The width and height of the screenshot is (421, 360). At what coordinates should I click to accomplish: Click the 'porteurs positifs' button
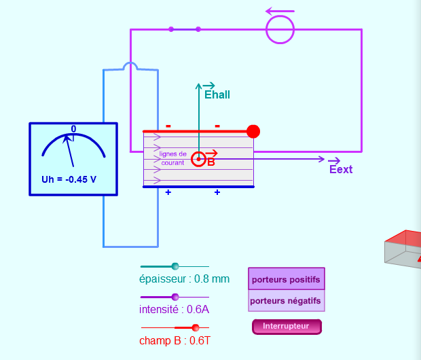(x=287, y=278)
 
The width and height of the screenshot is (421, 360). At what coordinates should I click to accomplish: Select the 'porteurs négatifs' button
(x=287, y=301)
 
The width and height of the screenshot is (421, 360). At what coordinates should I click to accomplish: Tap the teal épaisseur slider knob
(x=175, y=266)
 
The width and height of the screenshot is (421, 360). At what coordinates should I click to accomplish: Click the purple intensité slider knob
(x=175, y=297)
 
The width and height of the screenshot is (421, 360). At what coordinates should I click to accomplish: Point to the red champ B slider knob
(x=196, y=327)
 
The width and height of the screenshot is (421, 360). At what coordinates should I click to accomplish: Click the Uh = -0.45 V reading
(x=69, y=179)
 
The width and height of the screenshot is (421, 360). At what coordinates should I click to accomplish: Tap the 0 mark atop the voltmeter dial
(x=73, y=129)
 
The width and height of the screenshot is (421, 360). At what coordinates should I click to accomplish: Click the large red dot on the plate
(x=253, y=131)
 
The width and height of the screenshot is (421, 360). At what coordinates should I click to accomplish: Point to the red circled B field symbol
(x=199, y=159)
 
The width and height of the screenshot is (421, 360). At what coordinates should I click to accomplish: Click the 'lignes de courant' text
(x=172, y=158)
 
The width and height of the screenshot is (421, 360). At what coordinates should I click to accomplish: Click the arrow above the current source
(x=280, y=12)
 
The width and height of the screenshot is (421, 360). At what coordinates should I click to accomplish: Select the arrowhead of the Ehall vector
(x=198, y=86)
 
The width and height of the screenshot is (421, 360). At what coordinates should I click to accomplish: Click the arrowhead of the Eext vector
(x=322, y=159)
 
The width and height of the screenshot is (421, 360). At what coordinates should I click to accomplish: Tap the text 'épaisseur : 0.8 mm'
(x=184, y=279)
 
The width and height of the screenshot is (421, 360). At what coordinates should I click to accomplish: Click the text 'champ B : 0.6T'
(x=175, y=340)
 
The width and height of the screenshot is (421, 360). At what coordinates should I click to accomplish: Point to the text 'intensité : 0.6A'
(x=174, y=310)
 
